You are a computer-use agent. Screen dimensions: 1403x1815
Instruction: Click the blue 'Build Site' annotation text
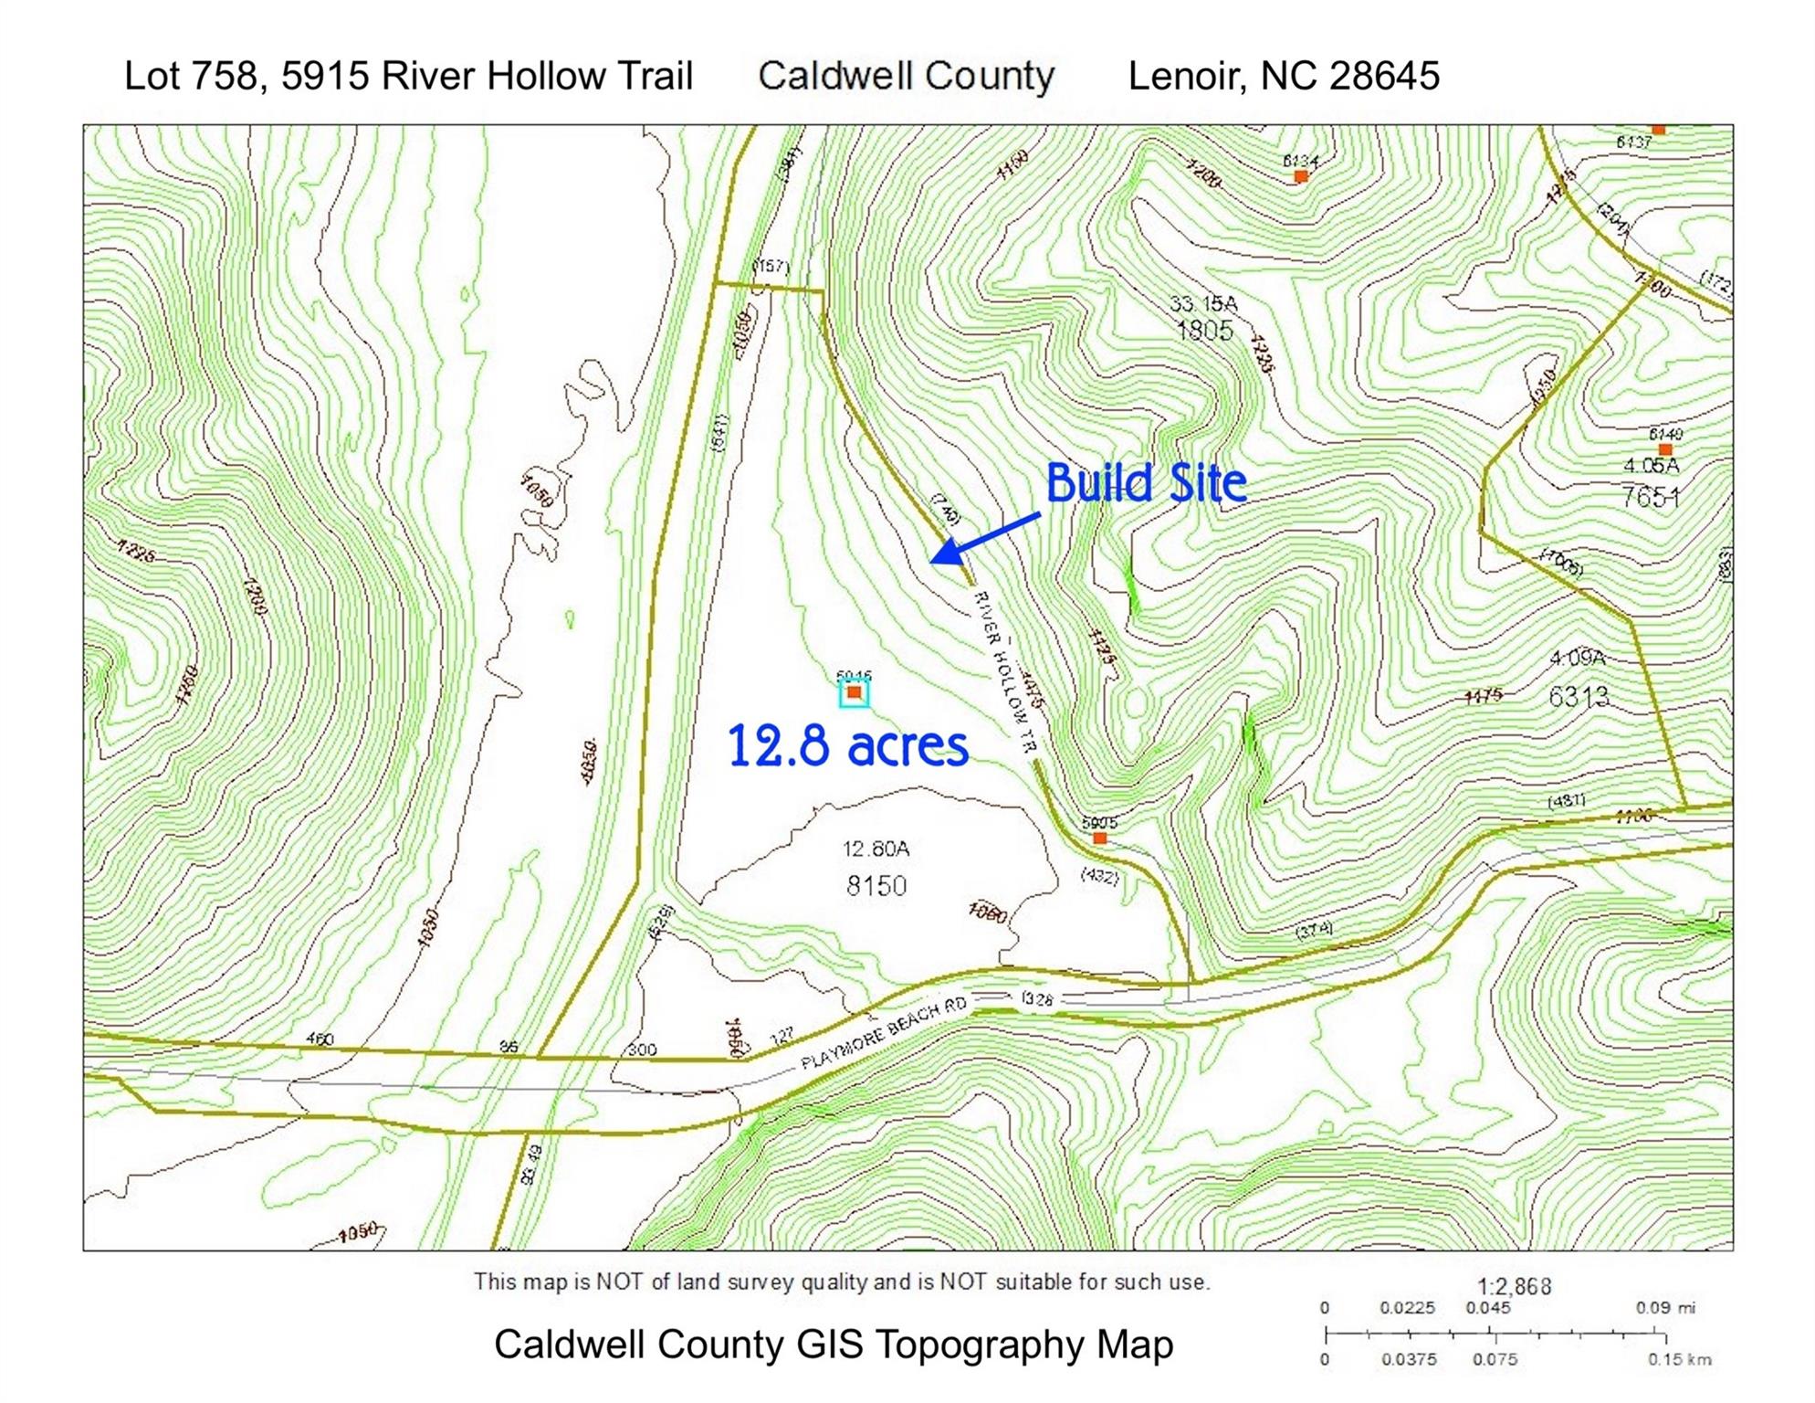tap(1146, 483)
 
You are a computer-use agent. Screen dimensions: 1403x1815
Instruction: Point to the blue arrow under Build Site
tap(986, 539)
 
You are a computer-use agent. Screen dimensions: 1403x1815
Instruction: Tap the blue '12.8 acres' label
tap(847, 746)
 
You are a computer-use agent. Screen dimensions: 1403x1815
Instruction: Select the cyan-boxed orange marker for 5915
tap(854, 693)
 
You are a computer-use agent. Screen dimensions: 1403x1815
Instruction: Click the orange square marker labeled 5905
tap(1099, 838)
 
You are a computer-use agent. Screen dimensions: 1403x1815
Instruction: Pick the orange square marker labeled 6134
tap(1301, 176)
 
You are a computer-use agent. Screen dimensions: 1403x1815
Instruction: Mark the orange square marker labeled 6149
tap(1665, 449)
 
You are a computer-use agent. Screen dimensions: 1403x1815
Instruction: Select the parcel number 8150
tap(876, 885)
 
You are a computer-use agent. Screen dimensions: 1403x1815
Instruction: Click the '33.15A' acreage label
tap(1203, 303)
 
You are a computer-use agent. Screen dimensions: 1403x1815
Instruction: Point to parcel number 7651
tap(1650, 497)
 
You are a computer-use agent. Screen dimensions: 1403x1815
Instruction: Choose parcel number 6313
tap(1579, 697)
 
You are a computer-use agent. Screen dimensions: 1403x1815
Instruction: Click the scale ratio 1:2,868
tap(1515, 1286)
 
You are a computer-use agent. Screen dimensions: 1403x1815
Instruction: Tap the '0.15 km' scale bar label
tap(1679, 1360)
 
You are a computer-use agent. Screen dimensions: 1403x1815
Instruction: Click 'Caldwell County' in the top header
tap(906, 76)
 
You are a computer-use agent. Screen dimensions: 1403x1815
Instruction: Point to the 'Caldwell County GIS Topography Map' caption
tap(834, 1345)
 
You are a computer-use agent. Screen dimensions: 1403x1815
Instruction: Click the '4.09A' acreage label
tap(1578, 658)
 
